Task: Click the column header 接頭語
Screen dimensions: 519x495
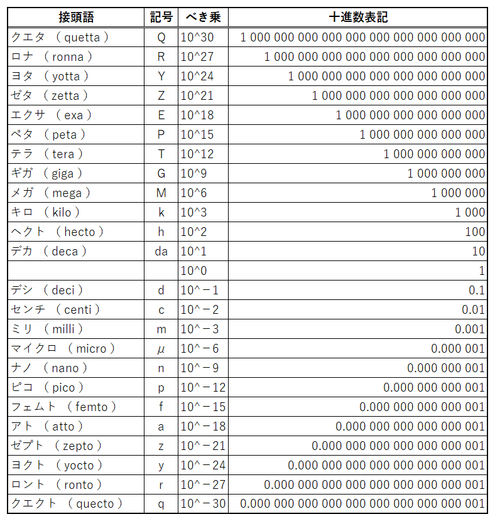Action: click(77, 17)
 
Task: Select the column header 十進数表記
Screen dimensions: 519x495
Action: click(358, 17)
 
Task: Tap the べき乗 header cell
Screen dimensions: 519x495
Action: click(203, 17)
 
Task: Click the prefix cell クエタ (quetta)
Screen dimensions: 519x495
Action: click(60, 37)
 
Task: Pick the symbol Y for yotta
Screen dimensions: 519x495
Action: click(161, 76)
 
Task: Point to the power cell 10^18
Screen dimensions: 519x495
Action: click(197, 115)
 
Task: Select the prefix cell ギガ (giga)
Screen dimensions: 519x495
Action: click(47, 173)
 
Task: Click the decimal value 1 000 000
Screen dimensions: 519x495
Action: click(458, 193)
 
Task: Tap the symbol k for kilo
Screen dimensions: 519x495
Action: click(161, 212)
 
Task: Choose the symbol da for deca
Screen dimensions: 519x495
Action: click(161, 251)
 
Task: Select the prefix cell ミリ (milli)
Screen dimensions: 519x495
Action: click(48, 329)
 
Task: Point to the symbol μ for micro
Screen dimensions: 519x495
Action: click(161, 348)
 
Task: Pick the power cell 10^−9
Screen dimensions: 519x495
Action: click(200, 368)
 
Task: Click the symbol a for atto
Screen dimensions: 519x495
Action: click(161, 426)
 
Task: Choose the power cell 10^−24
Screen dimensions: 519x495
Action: click(203, 465)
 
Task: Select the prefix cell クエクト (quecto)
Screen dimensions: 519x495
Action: click(67, 504)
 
